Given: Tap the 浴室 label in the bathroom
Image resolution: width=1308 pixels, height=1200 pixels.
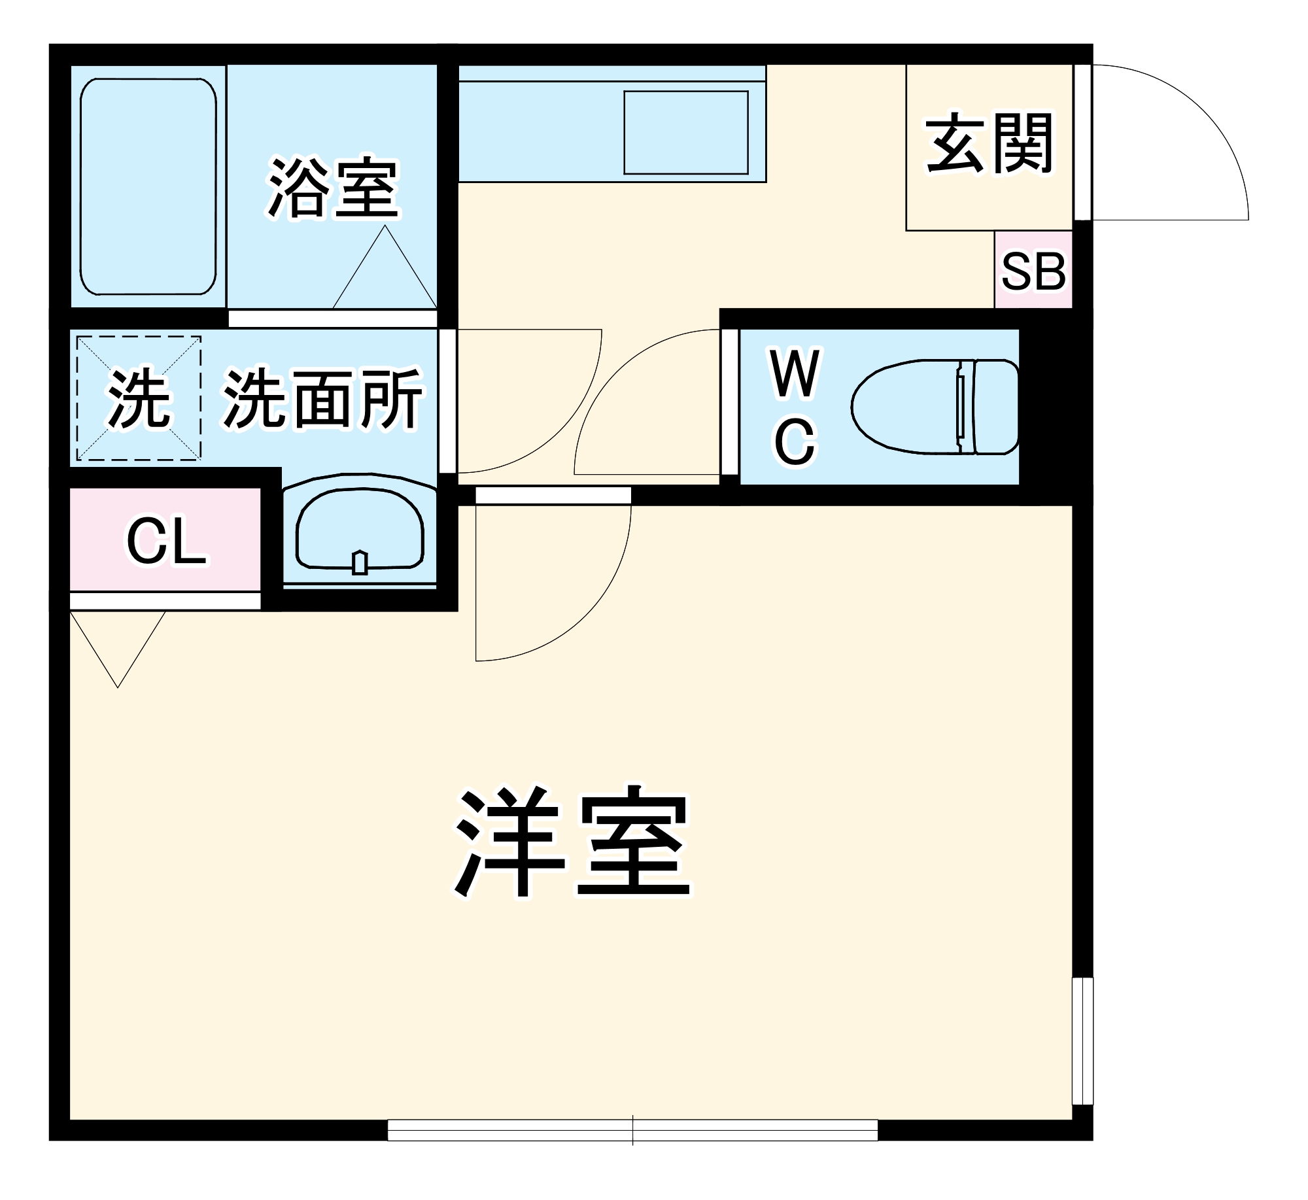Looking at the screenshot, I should click(x=333, y=188).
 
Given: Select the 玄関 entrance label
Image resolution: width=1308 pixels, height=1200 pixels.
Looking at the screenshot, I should click(x=989, y=143).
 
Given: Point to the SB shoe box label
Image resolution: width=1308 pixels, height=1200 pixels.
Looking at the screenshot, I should click(x=1033, y=271).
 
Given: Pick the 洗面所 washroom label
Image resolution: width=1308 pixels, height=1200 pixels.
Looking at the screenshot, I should click(x=323, y=398).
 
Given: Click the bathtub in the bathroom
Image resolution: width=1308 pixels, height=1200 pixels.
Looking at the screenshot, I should click(x=148, y=187).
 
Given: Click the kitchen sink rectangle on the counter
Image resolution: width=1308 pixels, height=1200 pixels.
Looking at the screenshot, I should click(x=685, y=133).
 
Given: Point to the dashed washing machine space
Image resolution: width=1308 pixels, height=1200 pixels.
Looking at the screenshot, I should click(x=139, y=398).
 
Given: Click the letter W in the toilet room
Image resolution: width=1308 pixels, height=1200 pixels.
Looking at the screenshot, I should click(x=795, y=373).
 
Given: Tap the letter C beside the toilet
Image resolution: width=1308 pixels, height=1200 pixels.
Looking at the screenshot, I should click(x=795, y=443).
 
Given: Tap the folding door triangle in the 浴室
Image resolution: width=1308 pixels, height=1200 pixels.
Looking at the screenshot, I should click(x=385, y=275).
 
